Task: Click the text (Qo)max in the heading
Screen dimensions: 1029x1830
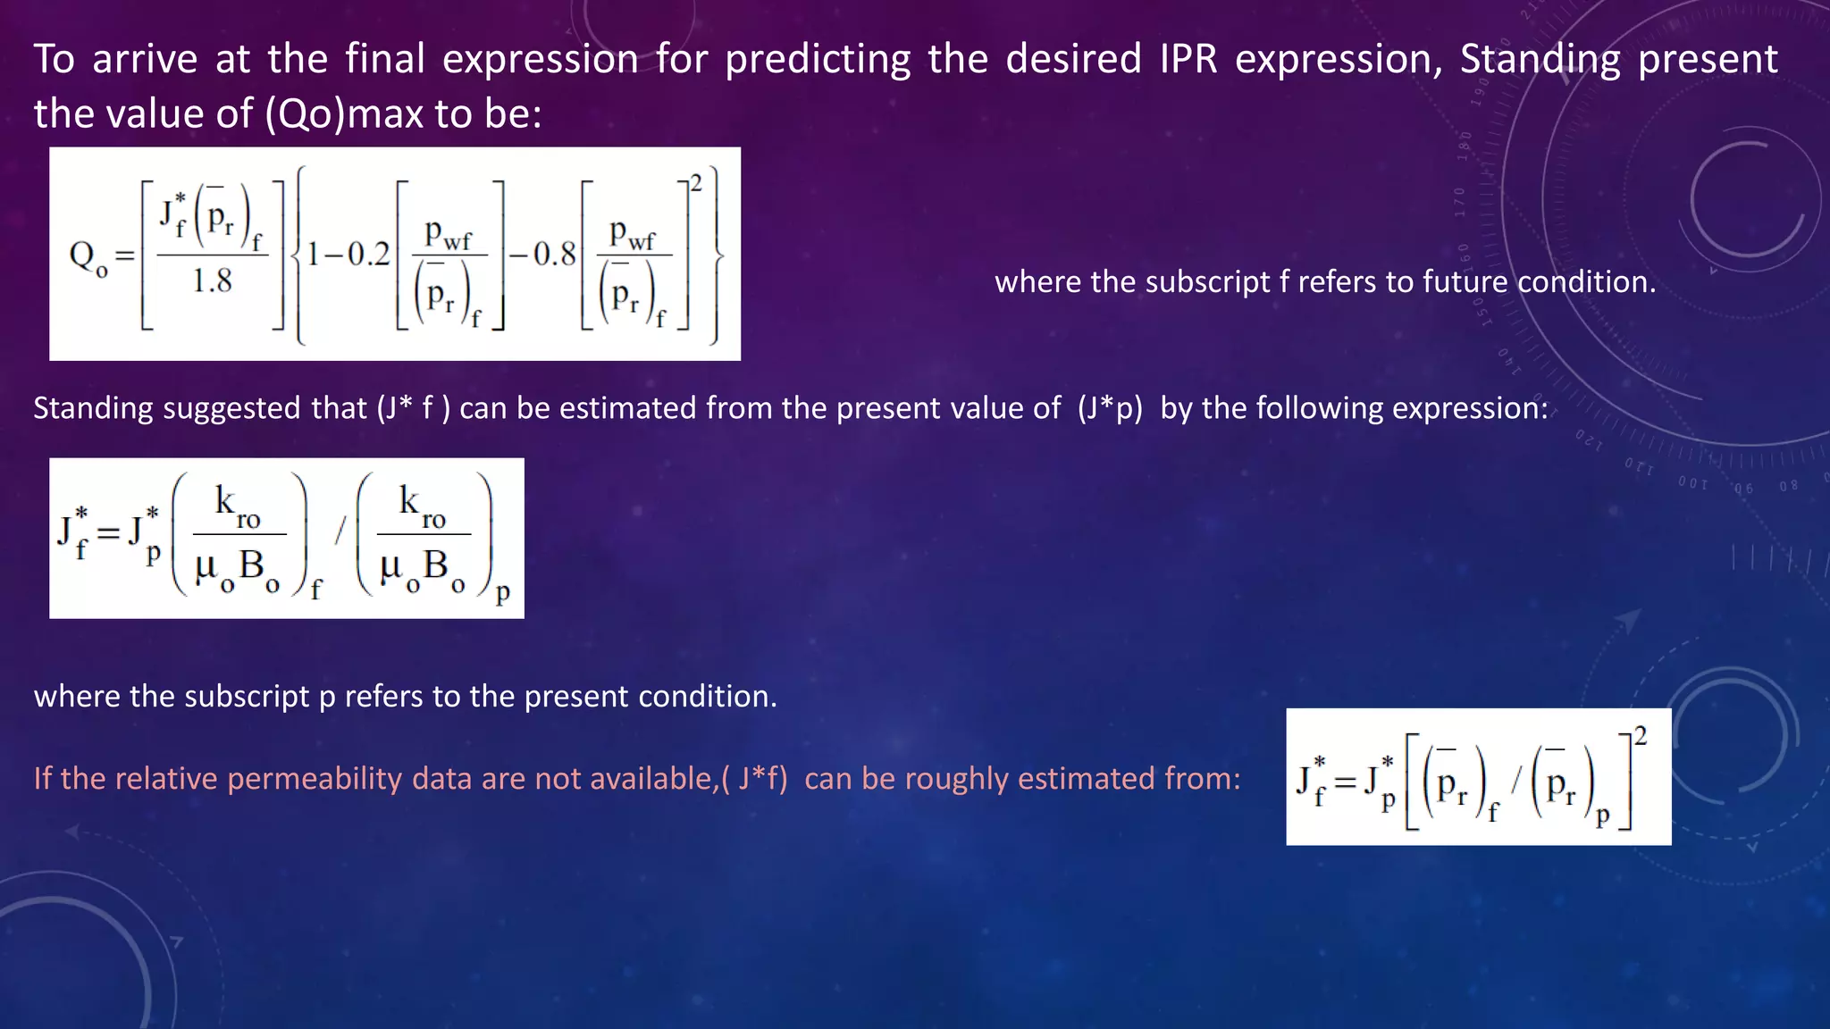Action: point(343,114)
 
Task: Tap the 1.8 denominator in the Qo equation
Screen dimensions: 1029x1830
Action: point(212,281)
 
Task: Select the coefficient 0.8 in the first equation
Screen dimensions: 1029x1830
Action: point(555,255)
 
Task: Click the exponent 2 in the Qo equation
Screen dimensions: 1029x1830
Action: point(696,184)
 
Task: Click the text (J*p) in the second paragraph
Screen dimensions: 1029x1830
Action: point(1110,408)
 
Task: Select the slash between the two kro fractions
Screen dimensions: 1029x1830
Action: point(340,532)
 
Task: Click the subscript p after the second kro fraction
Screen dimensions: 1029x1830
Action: point(503,591)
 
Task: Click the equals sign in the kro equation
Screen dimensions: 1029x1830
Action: point(108,533)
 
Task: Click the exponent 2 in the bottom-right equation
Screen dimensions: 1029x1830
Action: point(1640,736)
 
